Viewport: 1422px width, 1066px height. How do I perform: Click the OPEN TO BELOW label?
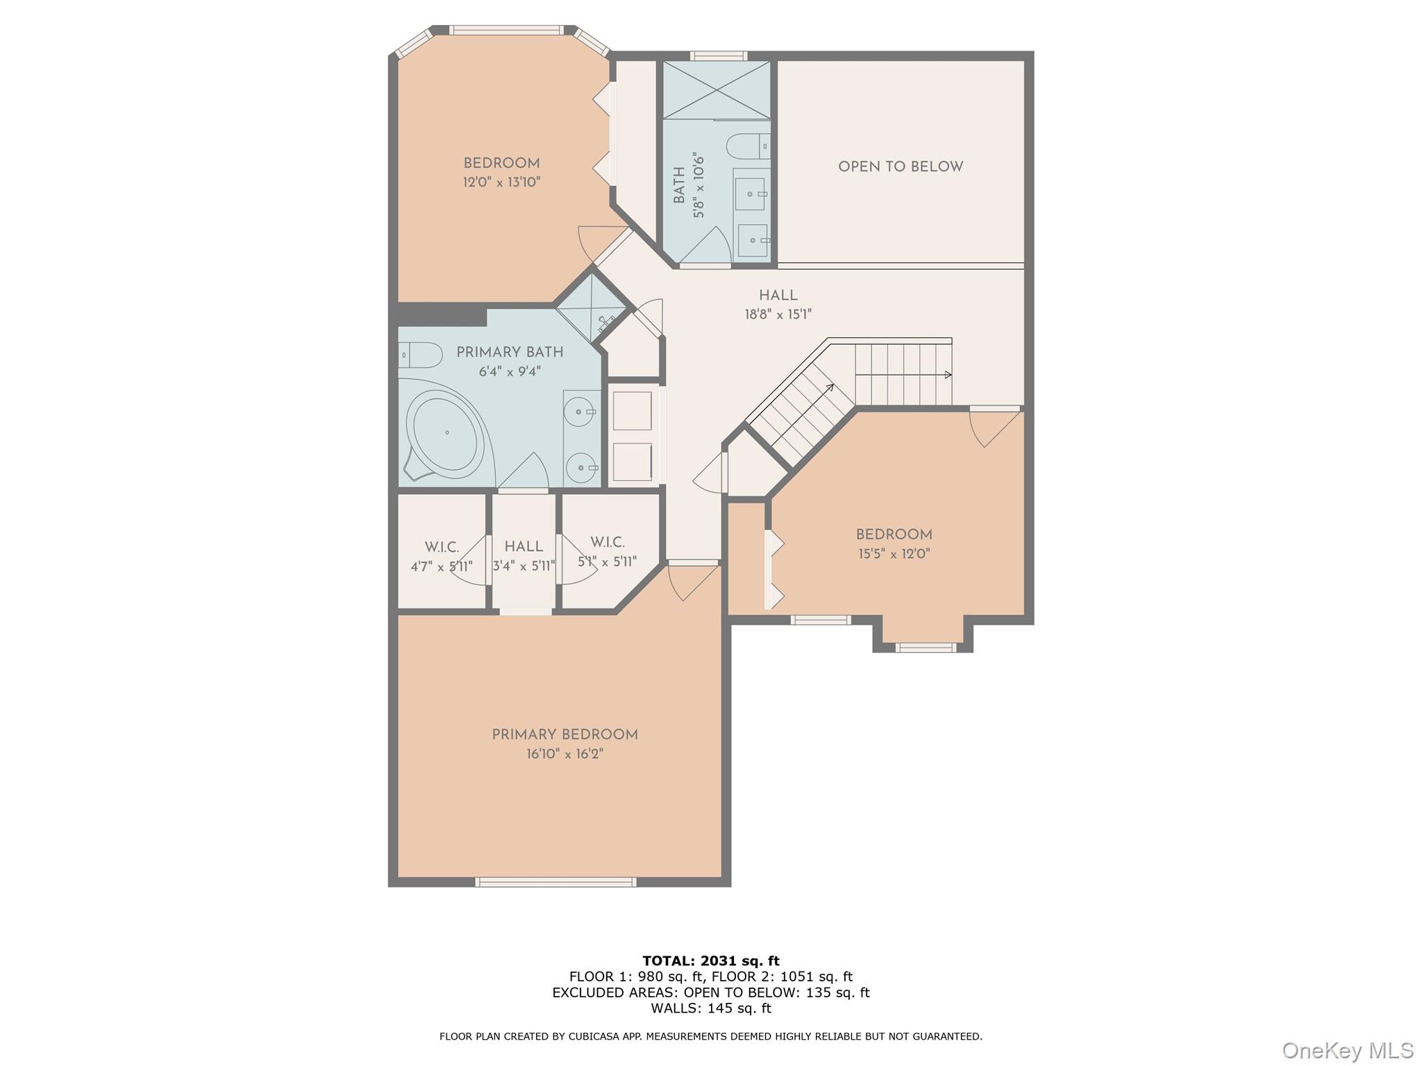(x=901, y=167)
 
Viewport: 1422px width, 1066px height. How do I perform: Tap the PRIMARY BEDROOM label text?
(x=564, y=734)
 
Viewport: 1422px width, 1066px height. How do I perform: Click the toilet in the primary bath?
(x=421, y=355)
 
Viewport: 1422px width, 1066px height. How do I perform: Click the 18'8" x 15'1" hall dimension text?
(x=778, y=314)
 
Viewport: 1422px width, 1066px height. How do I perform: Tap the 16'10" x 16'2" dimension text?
(x=564, y=754)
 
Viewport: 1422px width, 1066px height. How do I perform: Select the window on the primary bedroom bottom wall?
(x=555, y=882)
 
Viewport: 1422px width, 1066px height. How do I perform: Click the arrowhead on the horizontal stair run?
(x=948, y=375)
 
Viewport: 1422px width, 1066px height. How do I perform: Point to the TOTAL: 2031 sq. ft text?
(x=710, y=961)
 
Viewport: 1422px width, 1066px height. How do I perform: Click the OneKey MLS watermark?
(x=1347, y=1050)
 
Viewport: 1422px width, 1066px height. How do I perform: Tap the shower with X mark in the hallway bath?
(x=717, y=90)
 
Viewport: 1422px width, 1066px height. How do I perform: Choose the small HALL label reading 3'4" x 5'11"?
(x=524, y=556)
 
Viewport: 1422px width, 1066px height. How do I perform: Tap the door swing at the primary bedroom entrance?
(x=689, y=582)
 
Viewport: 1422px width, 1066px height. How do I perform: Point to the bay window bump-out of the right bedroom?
(x=923, y=633)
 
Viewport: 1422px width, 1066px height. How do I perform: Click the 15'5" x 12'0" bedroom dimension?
(x=894, y=554)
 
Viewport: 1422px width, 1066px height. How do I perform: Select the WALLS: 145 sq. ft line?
(x=710, y=1008)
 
